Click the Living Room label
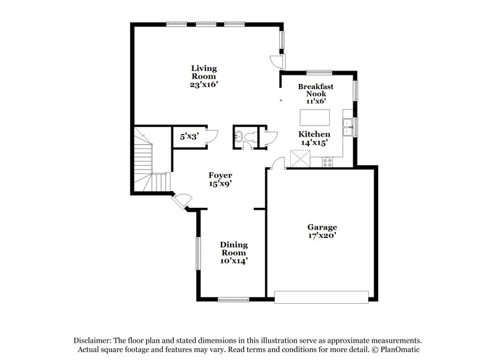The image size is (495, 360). coord(203,72)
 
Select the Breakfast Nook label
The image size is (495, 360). coord(316,90)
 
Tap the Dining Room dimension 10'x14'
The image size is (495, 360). coord(234,261)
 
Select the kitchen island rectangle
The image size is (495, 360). coord(315,118)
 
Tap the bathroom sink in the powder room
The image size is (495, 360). coord(239,137)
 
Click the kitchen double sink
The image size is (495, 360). coord(348,126)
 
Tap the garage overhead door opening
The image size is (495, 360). coord(324,299)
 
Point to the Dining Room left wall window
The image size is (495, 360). coord(198,254)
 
